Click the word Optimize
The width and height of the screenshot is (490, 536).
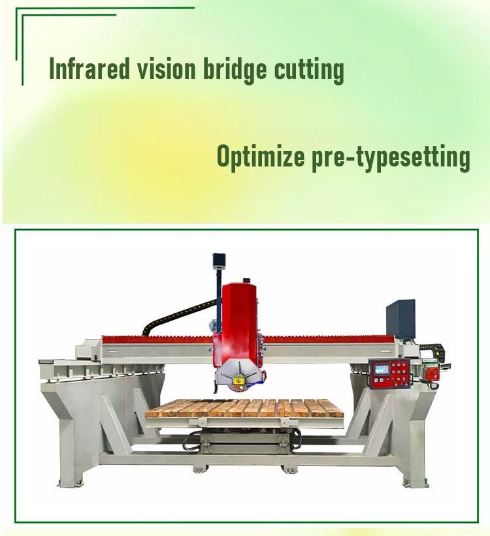pyautogui.click(x=259, y=157)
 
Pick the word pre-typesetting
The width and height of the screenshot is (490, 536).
pyautogui.click(x=389, y=159)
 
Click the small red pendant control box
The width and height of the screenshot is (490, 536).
pyautogui.click(x=433, y=371)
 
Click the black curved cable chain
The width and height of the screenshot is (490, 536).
pyautogui.click(x=170, y=311)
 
